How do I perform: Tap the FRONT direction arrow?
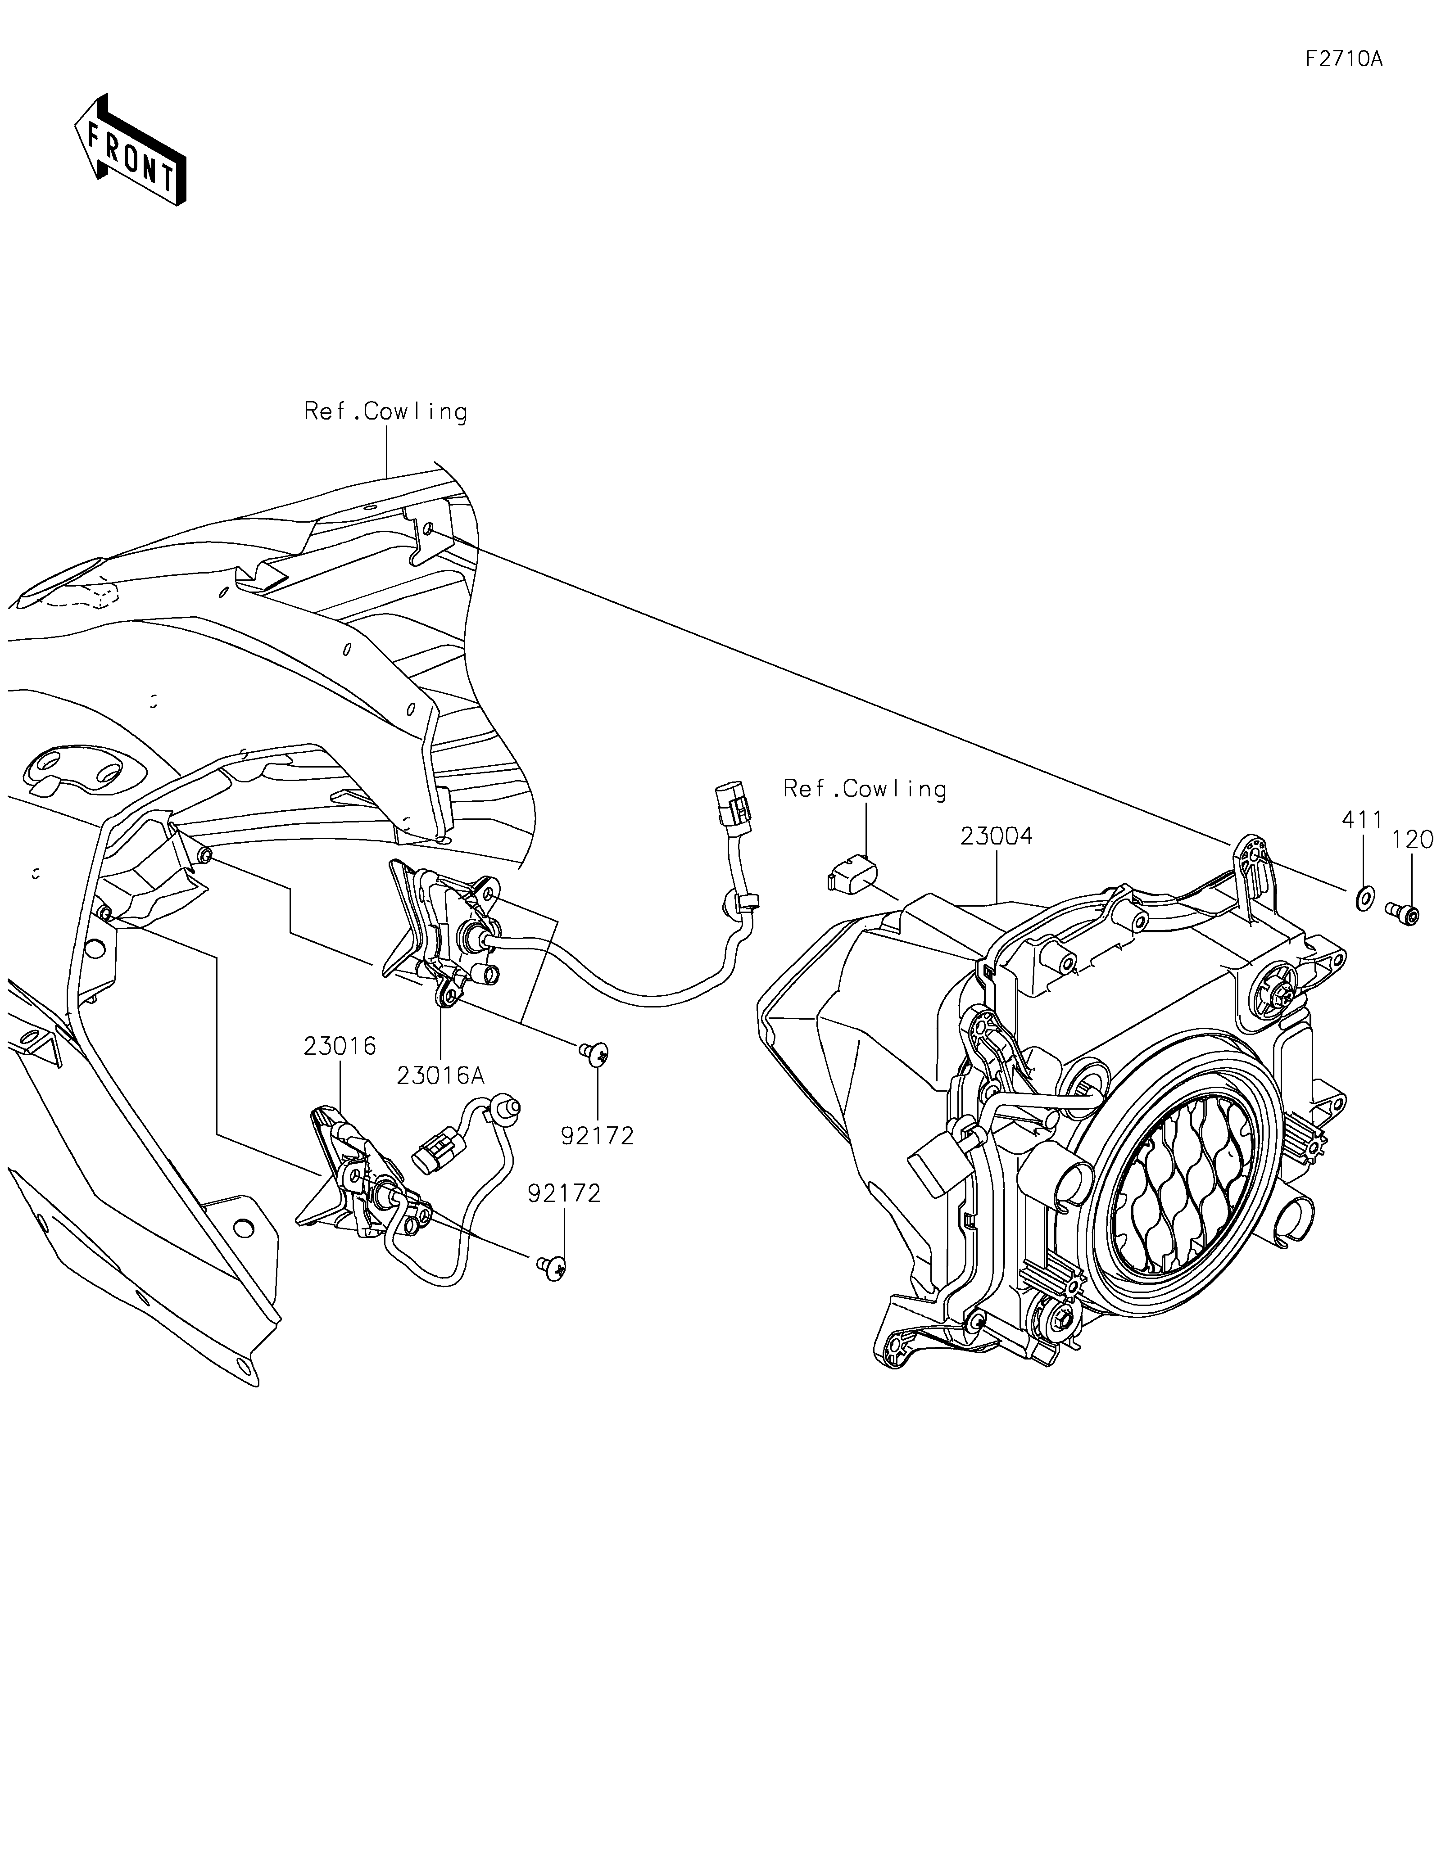(x=131, y=149)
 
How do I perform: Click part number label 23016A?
(x=440, y=1075)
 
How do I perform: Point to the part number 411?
(x=1362, y=820)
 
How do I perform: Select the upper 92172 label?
(x=598, y=1135)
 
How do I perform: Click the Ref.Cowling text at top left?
(x=386, y=411)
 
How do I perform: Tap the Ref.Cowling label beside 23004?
(x=865, y=789)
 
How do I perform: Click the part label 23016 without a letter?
(x=339, y=1046)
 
